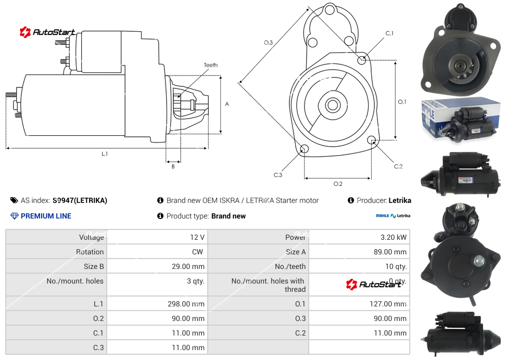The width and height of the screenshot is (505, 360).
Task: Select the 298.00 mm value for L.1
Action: pos(190,304)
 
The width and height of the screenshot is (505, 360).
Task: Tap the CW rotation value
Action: pos(198,252)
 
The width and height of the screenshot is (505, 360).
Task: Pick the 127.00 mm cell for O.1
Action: pos(386,304)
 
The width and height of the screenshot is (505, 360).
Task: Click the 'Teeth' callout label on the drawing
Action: pos(210,65)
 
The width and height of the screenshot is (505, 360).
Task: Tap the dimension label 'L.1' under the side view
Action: pos(105,154)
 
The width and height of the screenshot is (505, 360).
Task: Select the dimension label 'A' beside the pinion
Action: pos(227,104)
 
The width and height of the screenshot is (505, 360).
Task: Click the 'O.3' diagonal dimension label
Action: pos(268,43)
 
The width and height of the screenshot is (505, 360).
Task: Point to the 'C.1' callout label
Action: pos(389,33)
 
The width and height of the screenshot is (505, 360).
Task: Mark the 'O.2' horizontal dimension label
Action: pos(337,184)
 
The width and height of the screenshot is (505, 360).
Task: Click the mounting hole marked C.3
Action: pos(305,150)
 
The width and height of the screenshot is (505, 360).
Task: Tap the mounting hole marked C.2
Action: pos(372,140)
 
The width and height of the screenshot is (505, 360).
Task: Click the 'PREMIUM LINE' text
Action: pos(46,216)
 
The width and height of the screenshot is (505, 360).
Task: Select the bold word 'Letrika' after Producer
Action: pos(400,200)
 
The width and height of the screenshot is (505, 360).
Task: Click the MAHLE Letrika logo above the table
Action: pos(393,215)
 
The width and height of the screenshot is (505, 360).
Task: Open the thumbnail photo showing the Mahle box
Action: pos(460,120)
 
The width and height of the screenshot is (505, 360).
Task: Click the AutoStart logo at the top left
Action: pos(48,32)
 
